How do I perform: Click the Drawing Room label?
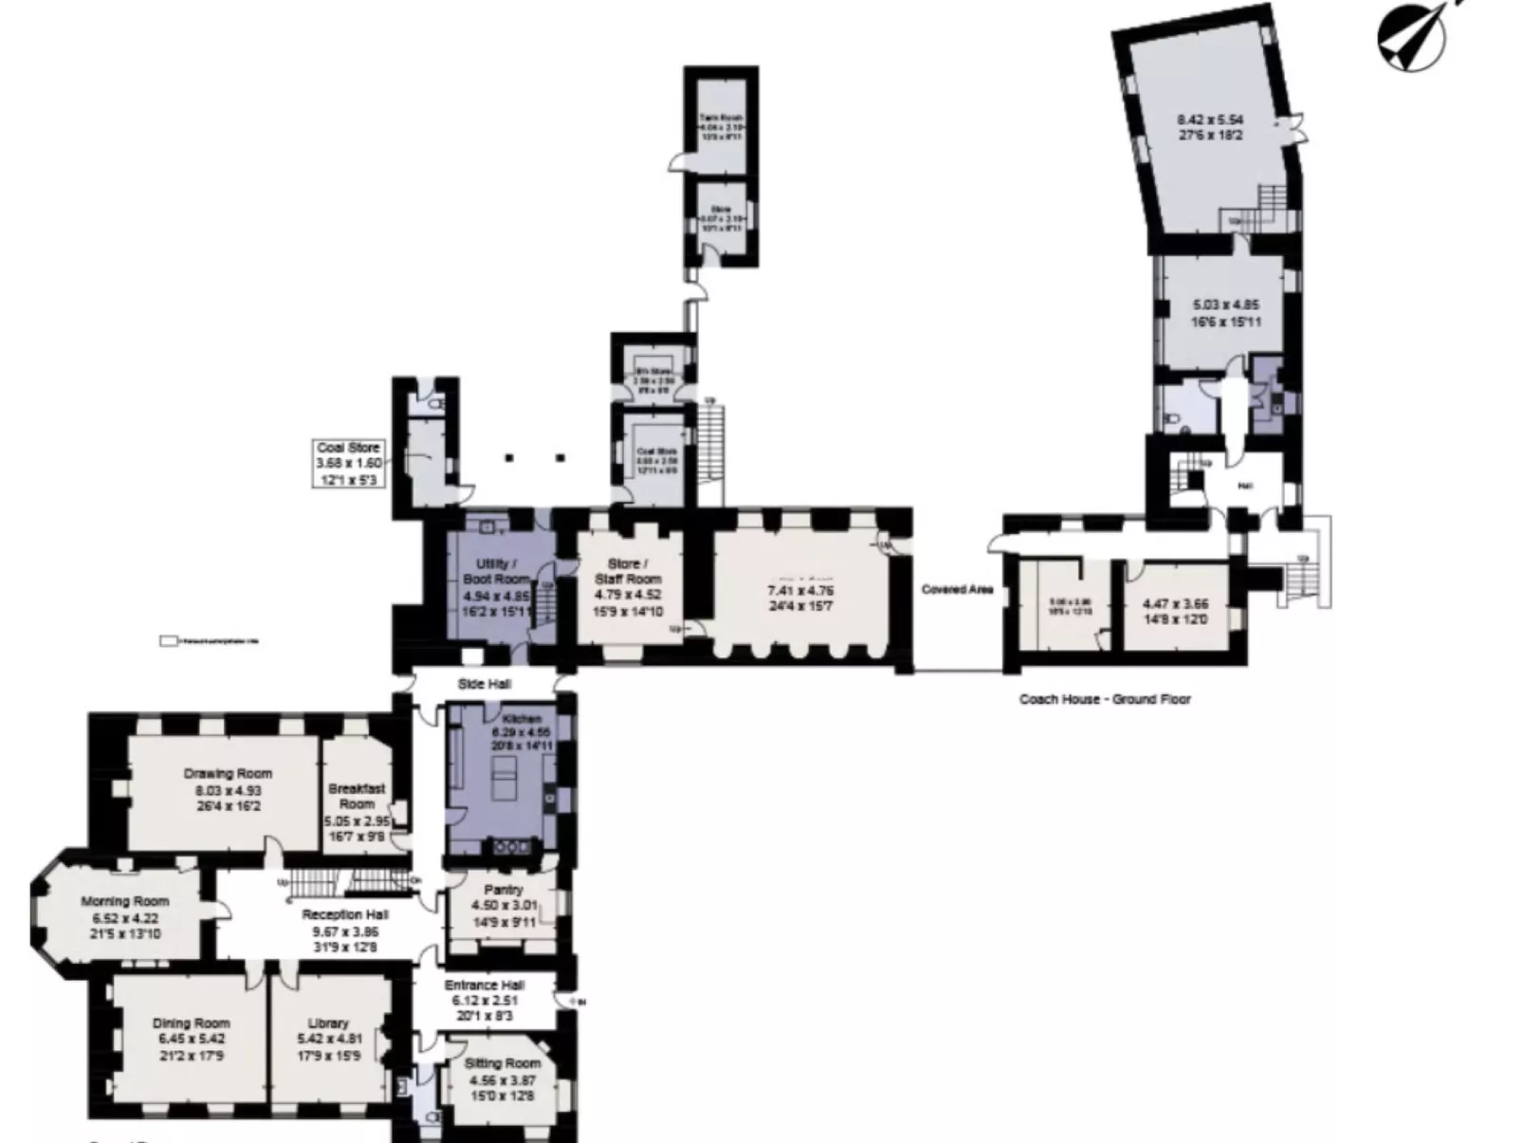pos(228,774)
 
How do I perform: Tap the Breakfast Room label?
pos(357,796)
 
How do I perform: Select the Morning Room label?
pos(124,901)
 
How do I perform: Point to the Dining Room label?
pos(191,1023)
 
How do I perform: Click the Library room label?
pos(328,1023)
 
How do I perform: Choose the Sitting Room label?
pos(503,1063)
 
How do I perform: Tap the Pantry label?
pos(503,890)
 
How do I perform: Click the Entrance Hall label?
pos(485,986)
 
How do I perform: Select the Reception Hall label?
pos(345,914)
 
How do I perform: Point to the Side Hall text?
pos(485,684)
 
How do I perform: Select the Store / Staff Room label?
pos(627,571)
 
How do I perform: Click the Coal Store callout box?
pos(349,463)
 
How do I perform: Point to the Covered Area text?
pos(957,590)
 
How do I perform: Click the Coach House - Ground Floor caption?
pos(1105,699)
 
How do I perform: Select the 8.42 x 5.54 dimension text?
pos(1209,120)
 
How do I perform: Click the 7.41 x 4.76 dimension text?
pos(799,591)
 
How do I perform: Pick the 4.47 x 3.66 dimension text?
pos(1175,603)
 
